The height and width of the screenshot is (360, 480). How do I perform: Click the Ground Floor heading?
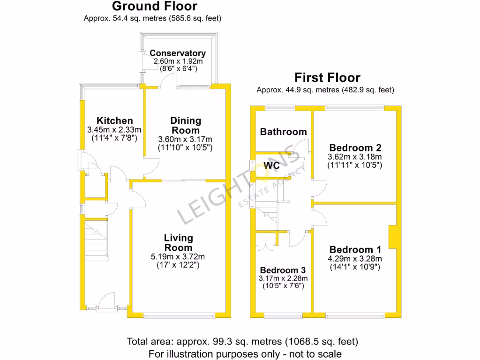coord(154,7)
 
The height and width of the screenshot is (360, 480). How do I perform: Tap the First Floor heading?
coord(327,77)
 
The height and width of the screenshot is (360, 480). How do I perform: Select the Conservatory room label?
coord(178,53)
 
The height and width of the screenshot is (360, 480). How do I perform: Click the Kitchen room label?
coord(115,121)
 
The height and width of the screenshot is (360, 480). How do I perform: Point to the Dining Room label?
coord(186,126)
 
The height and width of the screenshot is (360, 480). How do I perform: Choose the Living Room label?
coord(178,243)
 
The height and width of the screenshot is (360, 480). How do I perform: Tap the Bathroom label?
coord(283,132)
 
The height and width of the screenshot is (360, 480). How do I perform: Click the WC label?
coord(272,165)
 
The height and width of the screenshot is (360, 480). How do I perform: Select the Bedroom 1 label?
coord(355,249)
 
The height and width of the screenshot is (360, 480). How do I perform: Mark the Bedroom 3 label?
coord(283,270)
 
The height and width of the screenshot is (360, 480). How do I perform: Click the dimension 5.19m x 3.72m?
coord(178,256)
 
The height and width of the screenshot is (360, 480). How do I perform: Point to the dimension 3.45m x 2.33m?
coord(114,130)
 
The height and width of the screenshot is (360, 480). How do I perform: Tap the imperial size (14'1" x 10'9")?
coord(355,267)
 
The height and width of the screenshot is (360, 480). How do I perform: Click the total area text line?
coord(243,341)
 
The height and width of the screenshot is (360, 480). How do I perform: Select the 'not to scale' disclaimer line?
coord(245,353)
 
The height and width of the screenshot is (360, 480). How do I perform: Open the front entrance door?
coord(108,300)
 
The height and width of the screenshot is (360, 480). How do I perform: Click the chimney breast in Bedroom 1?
coord(392,237)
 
